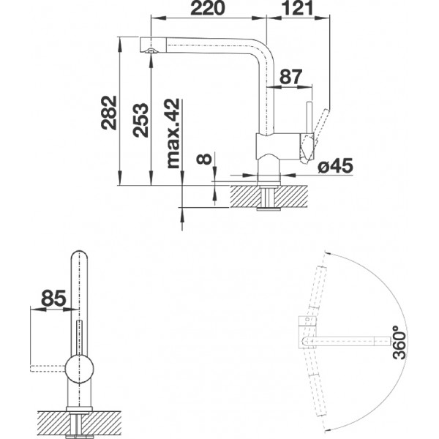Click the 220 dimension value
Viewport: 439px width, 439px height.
tap(208, 8)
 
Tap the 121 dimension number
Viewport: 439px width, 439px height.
tap(297, 8)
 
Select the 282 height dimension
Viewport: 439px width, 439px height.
tap(109, 113)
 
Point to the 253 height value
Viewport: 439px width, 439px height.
tap(140, 120)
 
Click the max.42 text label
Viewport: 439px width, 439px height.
tap(173, 134)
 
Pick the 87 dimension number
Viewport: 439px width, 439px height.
tap(291, 77)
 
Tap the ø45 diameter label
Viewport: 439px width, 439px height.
tap(335, 166)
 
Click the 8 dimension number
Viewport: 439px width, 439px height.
tap(204, 159)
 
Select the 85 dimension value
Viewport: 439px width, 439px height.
tap(53, 298)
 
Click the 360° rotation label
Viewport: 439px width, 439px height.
tap(399, 342)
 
